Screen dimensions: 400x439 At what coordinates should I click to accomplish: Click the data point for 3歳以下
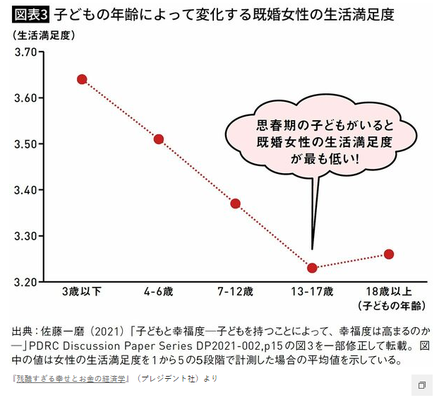click(82, 79)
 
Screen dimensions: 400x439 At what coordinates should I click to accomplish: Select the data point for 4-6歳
click(159, 139)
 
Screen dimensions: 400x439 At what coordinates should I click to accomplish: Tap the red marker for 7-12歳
click(236, 204)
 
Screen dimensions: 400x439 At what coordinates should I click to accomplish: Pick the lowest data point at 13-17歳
click(312, 268)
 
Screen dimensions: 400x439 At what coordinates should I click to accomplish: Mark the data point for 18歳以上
click(389, 254)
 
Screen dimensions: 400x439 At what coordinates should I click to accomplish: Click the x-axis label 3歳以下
click(82, 291)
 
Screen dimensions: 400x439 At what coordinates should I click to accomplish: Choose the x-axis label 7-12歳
click(236, 291)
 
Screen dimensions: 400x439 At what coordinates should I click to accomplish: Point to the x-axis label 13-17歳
click(312, 291)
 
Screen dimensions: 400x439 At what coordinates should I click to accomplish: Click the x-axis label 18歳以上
click(389, 291)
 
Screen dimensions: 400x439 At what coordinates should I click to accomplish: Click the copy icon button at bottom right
click(421, 385)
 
